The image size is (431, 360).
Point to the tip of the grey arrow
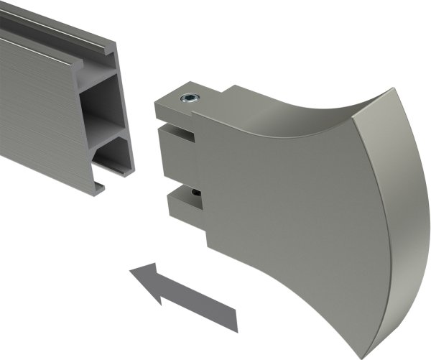[131, 272]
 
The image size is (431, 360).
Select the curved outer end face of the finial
[406, 216]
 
